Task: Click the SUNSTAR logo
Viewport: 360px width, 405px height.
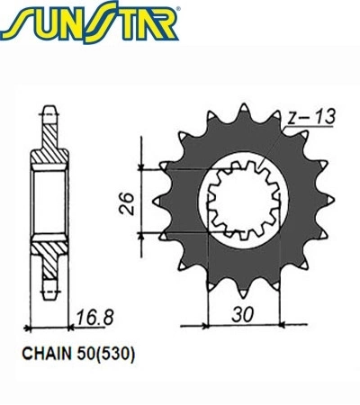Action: (x=90, y=22)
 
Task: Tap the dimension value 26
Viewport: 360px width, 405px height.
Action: (x=126, y=203)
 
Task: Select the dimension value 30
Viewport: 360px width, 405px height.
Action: (x=242, y=314)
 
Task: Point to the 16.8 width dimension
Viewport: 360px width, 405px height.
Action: (x=94, y=318)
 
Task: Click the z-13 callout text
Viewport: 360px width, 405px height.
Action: (x=310, y=117)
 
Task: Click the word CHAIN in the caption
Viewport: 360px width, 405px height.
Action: (x=47, y=354)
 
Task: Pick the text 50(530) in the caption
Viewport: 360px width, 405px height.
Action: (x=106, y=354)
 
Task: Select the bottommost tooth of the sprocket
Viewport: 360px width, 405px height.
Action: (x=243, y=293)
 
